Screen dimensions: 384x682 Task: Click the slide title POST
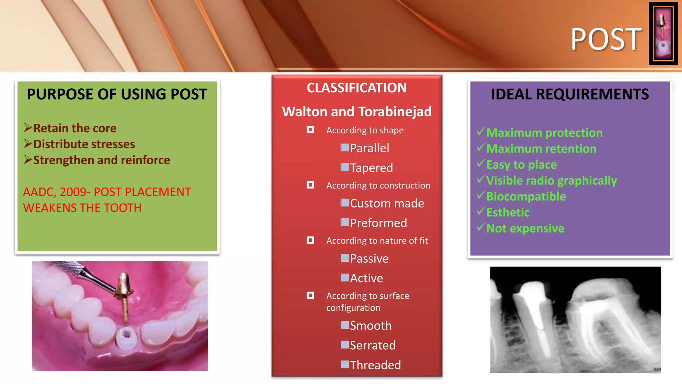(606, 39)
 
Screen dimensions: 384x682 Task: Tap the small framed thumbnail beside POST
(663, 34)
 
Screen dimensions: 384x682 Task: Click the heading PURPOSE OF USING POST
(117, 94)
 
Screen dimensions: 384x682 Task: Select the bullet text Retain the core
(75, 128)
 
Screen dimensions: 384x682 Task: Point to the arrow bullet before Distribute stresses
(28, 144)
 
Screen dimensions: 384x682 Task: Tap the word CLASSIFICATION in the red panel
(357, 88)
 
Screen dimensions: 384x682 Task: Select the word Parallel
(369, 148)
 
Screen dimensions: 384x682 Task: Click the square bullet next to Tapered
(345, 167)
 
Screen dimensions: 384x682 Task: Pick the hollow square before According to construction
(310, 185)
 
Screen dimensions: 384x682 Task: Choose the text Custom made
(387, 203)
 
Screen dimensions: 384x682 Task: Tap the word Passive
(369, 259)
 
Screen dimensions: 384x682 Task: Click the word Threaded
(375, 365)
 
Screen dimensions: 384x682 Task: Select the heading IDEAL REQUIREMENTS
(570, 94)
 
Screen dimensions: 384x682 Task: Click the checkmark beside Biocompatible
(481, 195)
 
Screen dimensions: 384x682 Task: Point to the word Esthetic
(508, 213)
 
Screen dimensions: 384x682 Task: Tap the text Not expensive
(525, 229)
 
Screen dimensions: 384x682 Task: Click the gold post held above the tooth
(124, 293)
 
